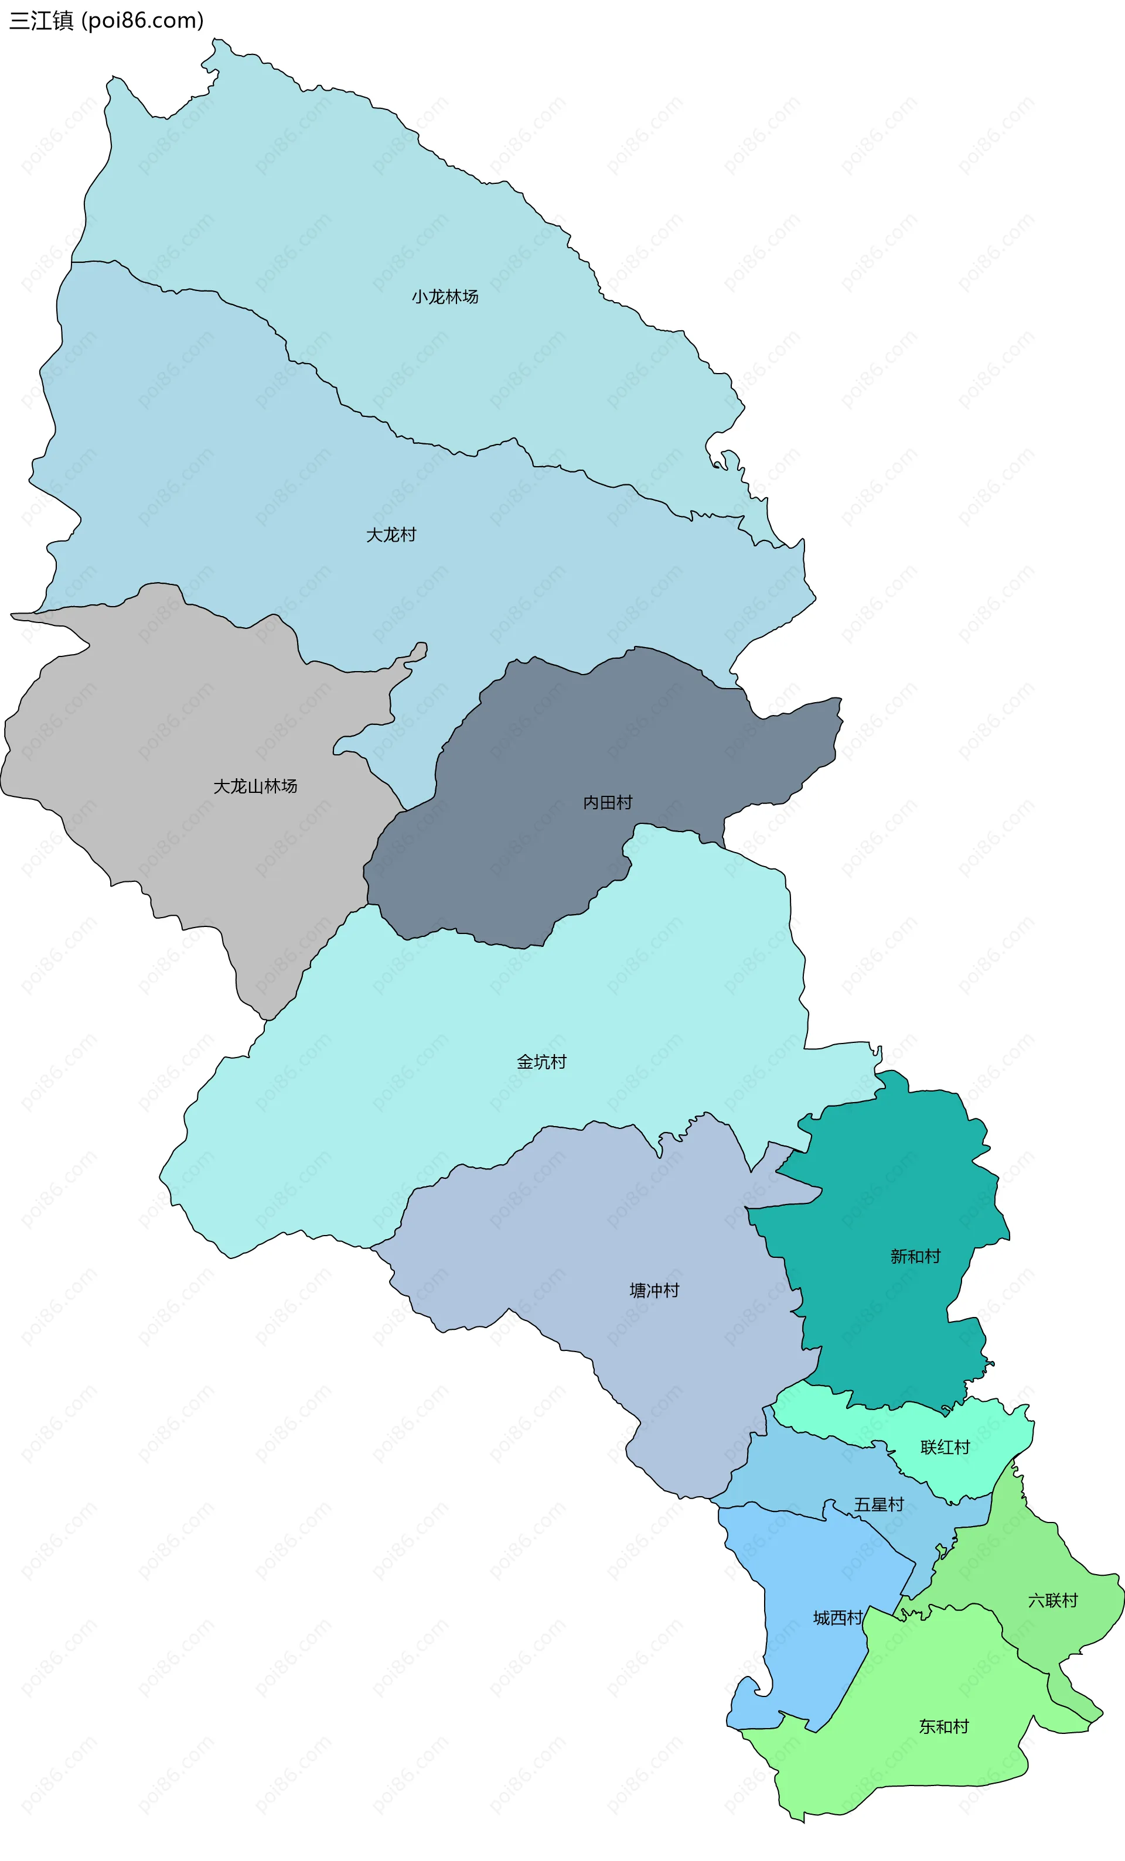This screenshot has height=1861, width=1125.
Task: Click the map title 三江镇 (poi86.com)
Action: [107, 20]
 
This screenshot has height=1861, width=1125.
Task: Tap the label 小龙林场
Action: [445, 297]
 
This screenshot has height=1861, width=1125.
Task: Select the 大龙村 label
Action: [391, 535]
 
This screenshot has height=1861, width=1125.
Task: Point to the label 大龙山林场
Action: [255, 786]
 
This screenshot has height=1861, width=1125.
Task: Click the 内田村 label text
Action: [608, 802]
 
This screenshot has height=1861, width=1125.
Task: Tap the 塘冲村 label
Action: [654, 1290]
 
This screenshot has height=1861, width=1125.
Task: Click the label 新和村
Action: [915, 1256]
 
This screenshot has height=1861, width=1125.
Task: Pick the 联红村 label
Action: [945, 1447]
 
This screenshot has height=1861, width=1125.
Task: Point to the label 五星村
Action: [879, 1504]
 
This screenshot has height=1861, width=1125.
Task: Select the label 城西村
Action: [838, 1618]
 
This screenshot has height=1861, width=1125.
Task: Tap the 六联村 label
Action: [1052, 1600]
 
